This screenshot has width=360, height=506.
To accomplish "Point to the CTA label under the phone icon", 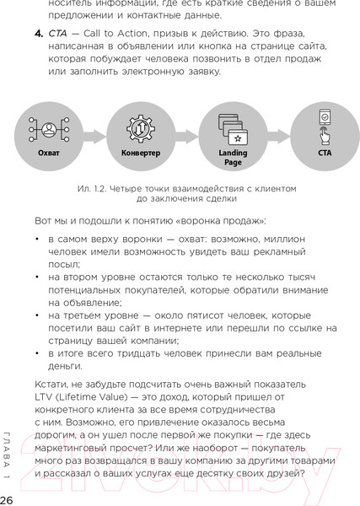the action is point(325,154).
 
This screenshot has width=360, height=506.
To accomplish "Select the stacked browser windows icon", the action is point(233,127).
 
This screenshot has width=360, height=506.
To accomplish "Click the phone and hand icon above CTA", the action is point(325,126).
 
